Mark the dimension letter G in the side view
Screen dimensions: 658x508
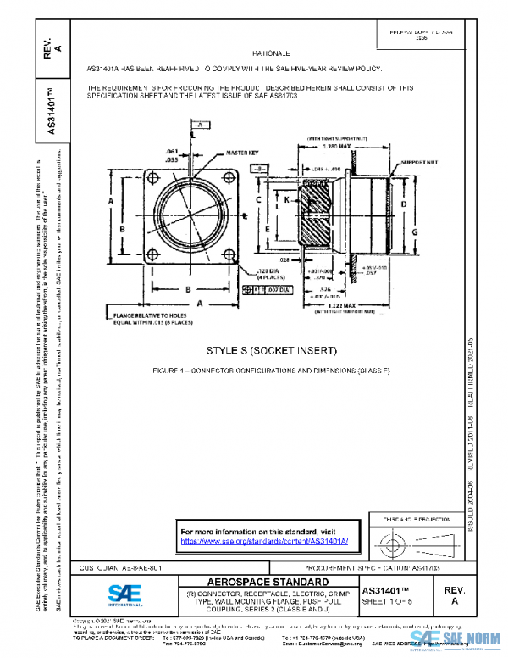tap(416, 231)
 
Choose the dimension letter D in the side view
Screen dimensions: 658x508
tap(403, 204)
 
